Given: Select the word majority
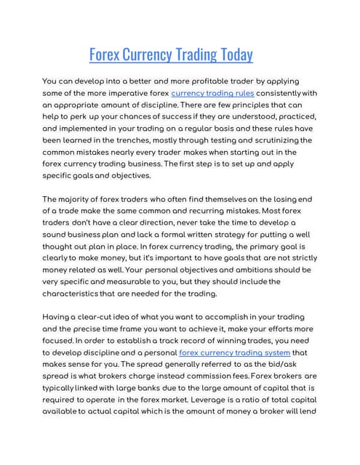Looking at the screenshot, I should [x=79, y=199].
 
